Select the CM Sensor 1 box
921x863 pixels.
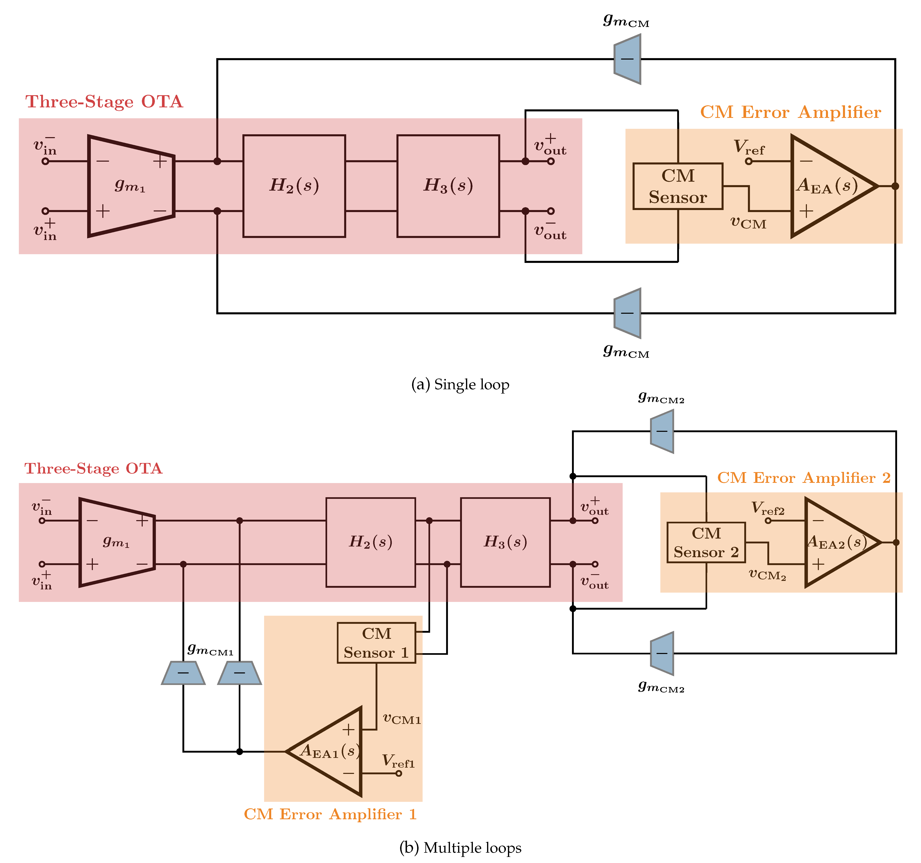click(x=376, y=643)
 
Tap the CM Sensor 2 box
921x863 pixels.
click(x=706, y=543)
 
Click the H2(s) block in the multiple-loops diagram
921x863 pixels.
click(x=371, y=542)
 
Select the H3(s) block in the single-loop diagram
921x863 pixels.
click(x=448, y=186)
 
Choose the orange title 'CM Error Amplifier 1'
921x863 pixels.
click(x=330, y=814)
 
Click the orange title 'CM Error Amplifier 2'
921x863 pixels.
click(x=804, y=477)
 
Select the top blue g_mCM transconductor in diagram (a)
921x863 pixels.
click(x=627, y=59)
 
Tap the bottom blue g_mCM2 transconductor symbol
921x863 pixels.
click(x=662, y=653)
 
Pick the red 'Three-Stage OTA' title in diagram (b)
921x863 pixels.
click(x=93, y=468)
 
